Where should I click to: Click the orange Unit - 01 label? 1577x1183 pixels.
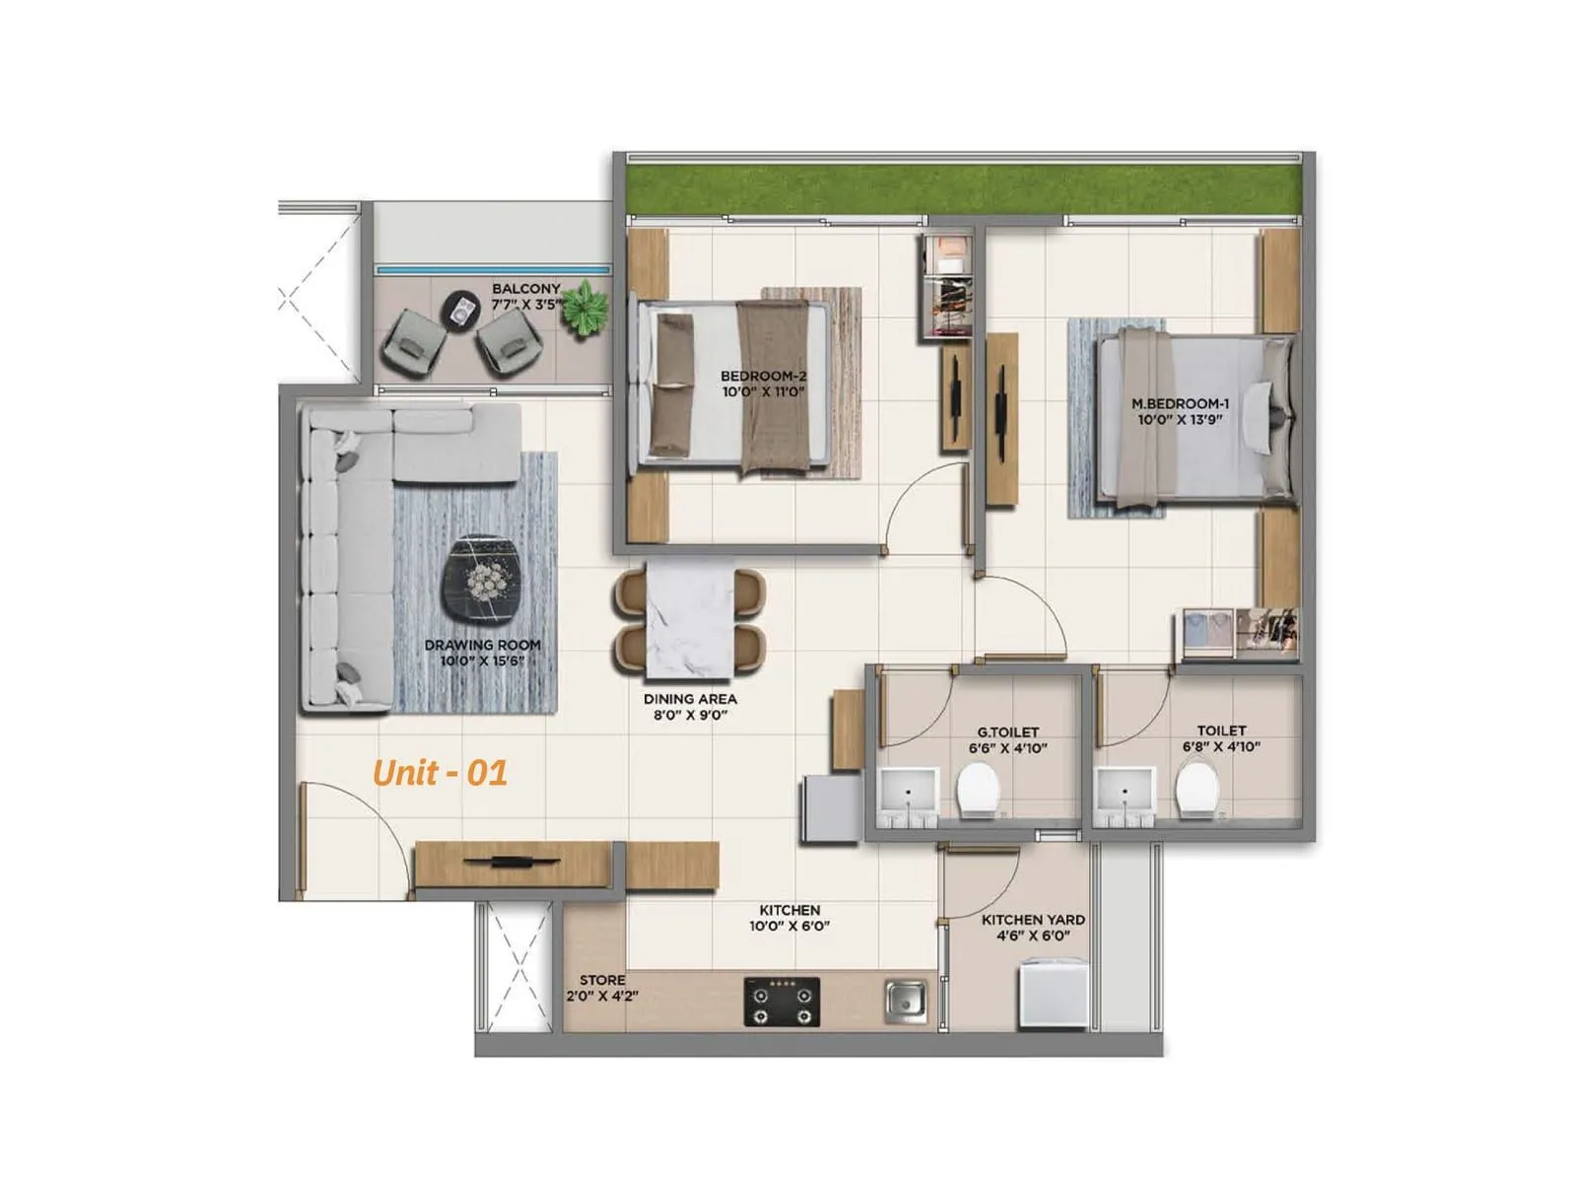coord(440,772)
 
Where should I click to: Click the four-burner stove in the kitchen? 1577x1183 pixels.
coord(782,1003)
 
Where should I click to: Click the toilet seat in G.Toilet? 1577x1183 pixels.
coord(979,792)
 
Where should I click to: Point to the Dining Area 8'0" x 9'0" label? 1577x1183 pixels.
coord(690,707)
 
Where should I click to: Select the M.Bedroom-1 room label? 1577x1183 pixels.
coord(1180,411)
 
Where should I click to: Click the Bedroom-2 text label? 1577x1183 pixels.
coord(763,383)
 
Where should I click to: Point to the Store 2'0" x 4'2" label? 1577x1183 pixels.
coord(602,988)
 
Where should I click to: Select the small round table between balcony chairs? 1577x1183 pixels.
coord(460,310)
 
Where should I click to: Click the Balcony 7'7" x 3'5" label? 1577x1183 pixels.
coord(526,297)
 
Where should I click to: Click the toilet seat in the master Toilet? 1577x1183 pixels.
coord(1197,792)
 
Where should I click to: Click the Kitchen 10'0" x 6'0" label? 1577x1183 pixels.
coord(789,918)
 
